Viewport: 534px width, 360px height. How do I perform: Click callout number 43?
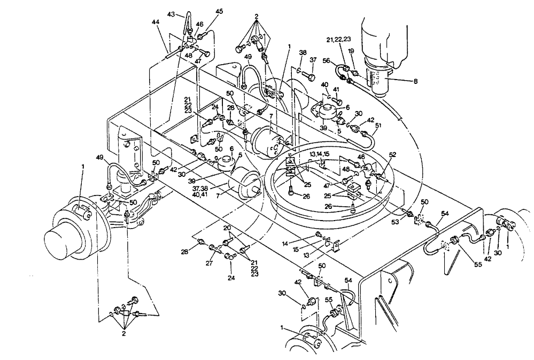[x=171, y=14]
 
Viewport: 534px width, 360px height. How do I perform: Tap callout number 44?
[x=156, y=22]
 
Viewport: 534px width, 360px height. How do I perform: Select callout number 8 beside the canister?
[x=415, y=81]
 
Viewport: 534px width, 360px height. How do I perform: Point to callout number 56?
[x=326, y=60]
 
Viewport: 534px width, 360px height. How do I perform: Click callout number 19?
[x=351, y=51]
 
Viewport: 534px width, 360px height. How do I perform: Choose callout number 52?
[x=392, y=154]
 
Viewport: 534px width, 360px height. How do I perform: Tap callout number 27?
[x=209, y=263]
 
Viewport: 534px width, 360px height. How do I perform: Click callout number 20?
[x=227, y=228]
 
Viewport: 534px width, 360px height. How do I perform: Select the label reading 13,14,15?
[x=319, y=154]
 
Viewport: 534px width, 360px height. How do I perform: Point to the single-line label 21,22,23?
[x=338, y=39]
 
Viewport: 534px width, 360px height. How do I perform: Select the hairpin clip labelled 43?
[x=188, y=22]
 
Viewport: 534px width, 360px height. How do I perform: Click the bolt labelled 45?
[x=202, y=35]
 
